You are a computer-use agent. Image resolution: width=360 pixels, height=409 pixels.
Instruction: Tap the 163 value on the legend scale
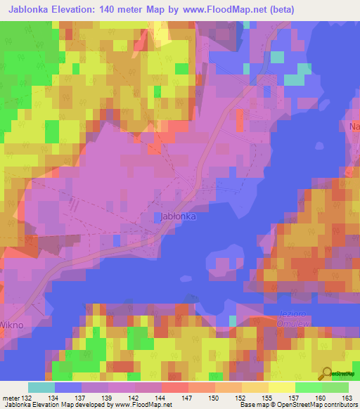tap(346, 397)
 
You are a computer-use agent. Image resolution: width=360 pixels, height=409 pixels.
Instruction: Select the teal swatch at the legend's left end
tap(41, 387)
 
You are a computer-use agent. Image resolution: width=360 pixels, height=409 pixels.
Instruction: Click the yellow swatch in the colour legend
tap(281, 387)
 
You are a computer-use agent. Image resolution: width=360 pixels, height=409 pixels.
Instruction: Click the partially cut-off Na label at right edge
tap(354, 127)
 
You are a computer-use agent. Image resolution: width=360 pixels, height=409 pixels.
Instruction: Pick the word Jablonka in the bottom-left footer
tap(15, 405)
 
